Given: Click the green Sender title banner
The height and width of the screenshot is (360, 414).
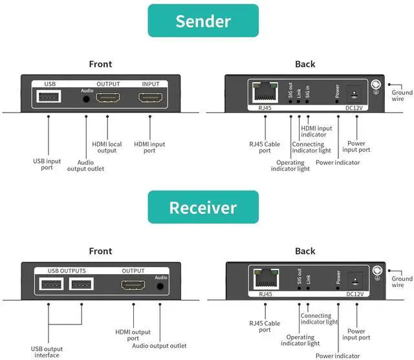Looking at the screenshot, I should pos(202,21).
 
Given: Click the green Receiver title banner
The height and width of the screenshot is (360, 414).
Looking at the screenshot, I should pos(202,207).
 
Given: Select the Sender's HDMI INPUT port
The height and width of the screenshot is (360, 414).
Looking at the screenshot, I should pos(150,98).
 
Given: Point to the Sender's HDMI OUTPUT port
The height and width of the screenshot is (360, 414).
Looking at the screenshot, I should pos(108,98).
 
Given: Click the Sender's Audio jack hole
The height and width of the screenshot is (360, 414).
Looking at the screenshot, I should pos(87,100).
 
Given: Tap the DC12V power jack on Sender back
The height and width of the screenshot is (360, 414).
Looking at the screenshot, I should pos(354,92).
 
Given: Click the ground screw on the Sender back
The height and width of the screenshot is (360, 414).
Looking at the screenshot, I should pos(376,84).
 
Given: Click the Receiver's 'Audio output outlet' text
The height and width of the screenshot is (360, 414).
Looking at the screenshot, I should pos(160,346).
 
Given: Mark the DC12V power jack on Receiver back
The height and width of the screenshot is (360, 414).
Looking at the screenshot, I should pos(354,279).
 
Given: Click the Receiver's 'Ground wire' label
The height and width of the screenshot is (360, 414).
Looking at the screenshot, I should pos(402,282).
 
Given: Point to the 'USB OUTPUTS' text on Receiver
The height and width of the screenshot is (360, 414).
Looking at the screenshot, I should pos(67,271).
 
